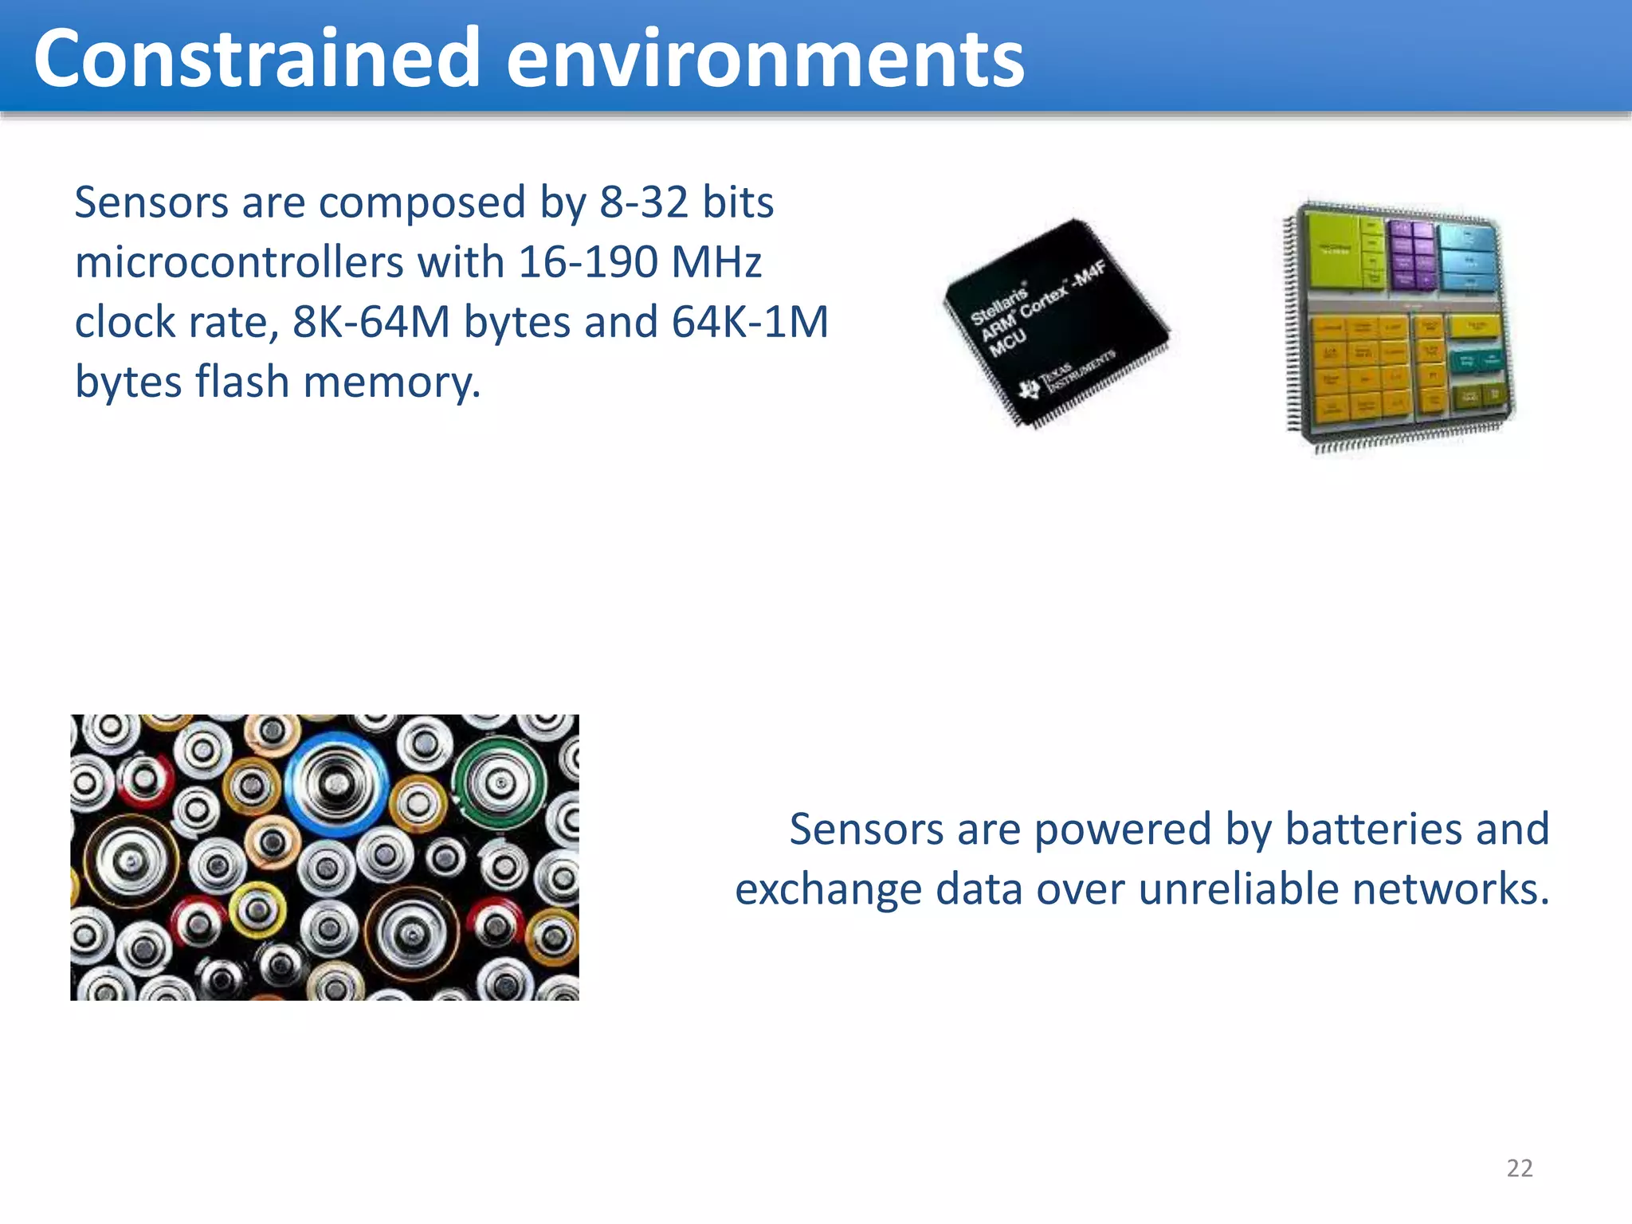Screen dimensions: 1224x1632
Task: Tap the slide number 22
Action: tap(1519, 1168)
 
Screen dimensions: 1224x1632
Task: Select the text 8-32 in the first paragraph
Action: tap(643, 202)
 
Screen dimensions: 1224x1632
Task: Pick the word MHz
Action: tap(716, 262)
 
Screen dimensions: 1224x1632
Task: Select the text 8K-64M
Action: tap(371, 322)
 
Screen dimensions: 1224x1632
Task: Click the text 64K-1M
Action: tap(750, 322)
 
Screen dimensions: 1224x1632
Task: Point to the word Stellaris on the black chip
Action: tap(998, 303)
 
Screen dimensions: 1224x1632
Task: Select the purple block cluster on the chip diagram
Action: tap(1412, 254)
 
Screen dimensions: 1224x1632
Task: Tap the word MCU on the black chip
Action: tap(1007, 343)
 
